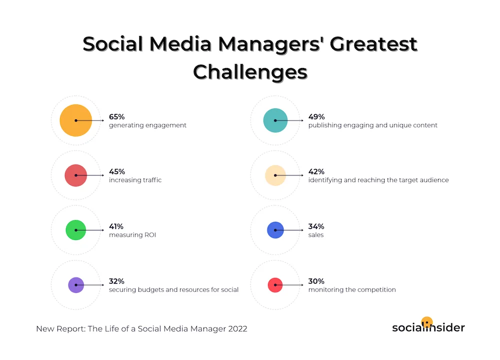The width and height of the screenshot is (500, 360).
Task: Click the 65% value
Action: tap(117, 117)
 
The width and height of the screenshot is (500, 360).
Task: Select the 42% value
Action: tap(316, 171)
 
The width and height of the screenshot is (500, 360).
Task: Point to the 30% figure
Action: tap(316, 281)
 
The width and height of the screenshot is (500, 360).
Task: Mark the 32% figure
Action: tap(117, 281)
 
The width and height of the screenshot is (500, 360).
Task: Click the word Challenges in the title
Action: tap(250, 72)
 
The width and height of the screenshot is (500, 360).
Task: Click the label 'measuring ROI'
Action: tap(132, 234)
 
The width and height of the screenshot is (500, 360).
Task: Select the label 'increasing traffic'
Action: tap(135, 180)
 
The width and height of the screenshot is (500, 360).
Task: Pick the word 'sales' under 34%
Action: tap(316, 234)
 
